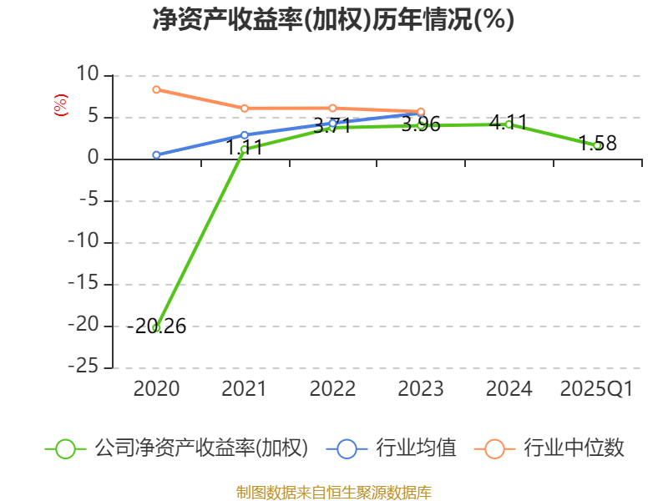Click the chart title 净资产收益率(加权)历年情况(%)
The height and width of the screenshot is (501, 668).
[x=333, y=19]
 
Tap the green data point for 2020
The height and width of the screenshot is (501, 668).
[x=156, y=327]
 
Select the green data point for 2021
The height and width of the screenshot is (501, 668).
[x=244, y=149]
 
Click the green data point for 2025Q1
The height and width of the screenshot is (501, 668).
[x=597, y=145]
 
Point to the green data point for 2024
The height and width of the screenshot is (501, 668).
[x=509, y=124]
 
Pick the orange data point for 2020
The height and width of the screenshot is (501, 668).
[x=156, y=89]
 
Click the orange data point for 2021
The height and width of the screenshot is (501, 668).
[x=244, y=108]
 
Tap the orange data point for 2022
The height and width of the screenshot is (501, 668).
[x=332, y=108]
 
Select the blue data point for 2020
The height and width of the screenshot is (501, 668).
[x=156, y=154]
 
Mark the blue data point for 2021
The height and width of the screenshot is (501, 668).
[x=244, y=134]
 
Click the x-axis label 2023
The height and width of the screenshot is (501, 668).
[x=421, y=389]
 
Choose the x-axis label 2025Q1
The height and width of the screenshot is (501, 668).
[x=597, y=389]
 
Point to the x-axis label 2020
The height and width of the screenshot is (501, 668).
[x=156, y=389]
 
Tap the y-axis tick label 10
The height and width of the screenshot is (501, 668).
[x=88, y=76]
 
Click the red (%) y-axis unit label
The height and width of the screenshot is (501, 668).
[x=60, y=105]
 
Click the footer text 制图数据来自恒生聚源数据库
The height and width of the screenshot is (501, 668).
[x=333, y=492]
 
